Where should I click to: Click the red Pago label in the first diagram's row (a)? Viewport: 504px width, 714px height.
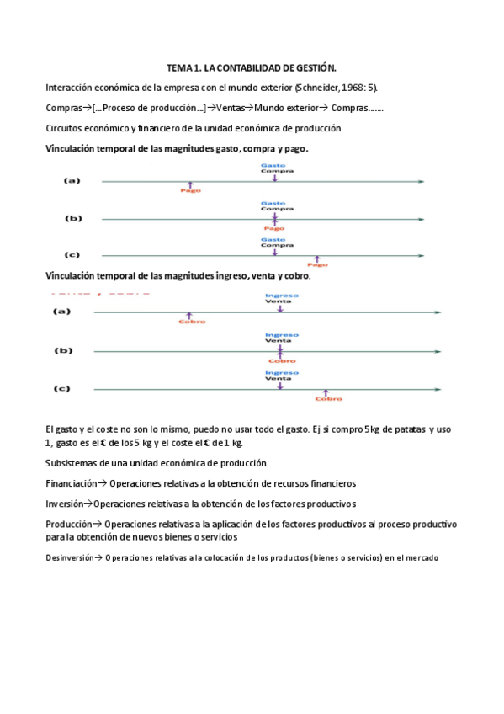click(x=190, y=190)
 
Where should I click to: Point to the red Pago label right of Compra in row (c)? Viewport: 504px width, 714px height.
click(x=317, y=264)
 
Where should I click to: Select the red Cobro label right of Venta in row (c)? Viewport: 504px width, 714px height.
click(x=327, y=398)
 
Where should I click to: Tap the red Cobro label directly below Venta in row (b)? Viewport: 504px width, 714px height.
click(x=281, y=360)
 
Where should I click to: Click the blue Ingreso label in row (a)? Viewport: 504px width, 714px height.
click(x=280, y=295)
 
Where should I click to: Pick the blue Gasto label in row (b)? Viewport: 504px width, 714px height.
click(x=273, y=203)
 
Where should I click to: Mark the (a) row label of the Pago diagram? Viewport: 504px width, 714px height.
click(x=73, y=180)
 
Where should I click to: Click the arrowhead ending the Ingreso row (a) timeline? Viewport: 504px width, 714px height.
click(x=437, y=312)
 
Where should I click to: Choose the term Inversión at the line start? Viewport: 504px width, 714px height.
click(x=65, y=504)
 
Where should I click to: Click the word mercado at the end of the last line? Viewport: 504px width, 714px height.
click(x=421, y=557)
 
